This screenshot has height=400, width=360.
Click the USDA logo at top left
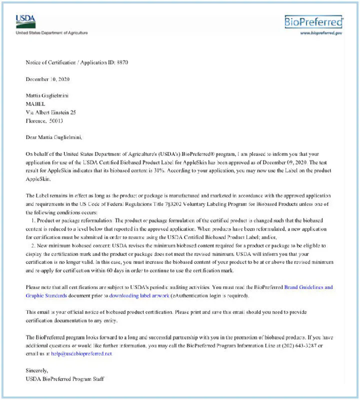click(25, 22)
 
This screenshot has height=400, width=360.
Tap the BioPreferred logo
click(313, 21)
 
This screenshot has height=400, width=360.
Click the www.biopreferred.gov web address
click(320, 33)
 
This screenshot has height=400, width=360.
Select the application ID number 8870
click(121, 62)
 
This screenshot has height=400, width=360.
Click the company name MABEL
click(35, 104)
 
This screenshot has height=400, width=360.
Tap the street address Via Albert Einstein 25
click(51, 112)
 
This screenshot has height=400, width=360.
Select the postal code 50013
click(56, 120)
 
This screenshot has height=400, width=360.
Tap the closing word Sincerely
click(37, 370)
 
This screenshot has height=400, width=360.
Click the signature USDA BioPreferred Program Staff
click(65, 379)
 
